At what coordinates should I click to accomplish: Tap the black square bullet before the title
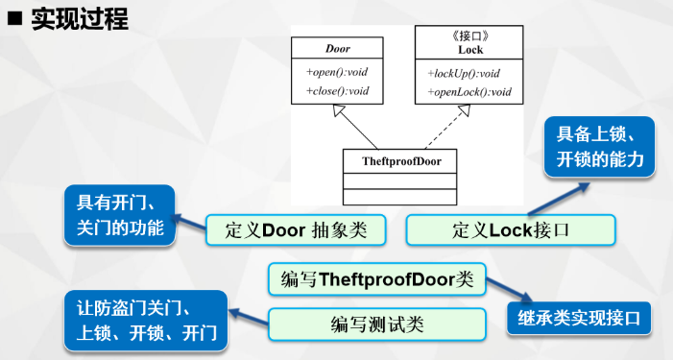(x=16, y=18)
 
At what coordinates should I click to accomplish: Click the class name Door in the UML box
(x=338, y=48)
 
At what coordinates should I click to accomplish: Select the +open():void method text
(x=338, y=73)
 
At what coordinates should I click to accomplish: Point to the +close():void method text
(x=338, y=91)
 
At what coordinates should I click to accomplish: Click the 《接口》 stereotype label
(x=469, y=35)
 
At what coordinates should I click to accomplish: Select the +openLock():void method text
(x=469, y=92)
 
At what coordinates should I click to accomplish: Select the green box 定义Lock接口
(x=510, y=230)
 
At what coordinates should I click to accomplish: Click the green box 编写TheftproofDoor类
(x=376, y=279)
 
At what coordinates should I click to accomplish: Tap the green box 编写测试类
(x=376, y=323)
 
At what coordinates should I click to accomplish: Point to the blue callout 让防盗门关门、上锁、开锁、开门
(x=145, y=321)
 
